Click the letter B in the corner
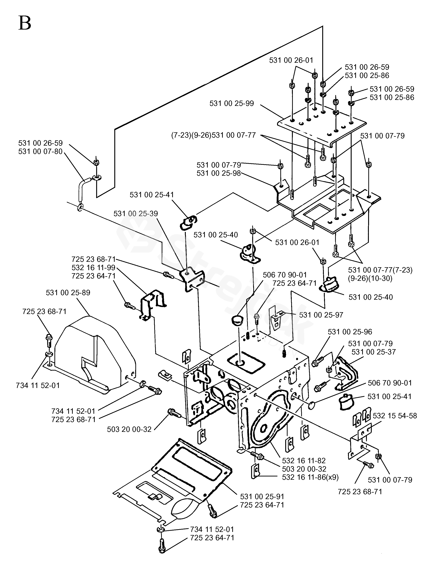25,23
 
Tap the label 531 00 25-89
68,293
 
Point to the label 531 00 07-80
40,152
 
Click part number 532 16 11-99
93,267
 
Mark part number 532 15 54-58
395,416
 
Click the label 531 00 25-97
321,315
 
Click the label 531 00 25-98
218,173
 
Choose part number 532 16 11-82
304,460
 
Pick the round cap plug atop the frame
236,321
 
